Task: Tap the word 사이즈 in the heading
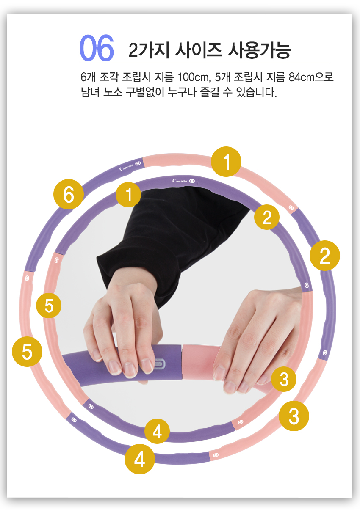click(x=199, y=50)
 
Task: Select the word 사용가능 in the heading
click(x=259, y=50)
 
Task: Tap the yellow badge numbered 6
click(x=69, y=194)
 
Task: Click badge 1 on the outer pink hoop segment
click(x=226, y=162)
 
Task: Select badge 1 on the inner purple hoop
click(x=128, y=195)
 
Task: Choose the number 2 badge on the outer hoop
click(x=324, y=256)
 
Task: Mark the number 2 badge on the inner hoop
click(x=267, y=217)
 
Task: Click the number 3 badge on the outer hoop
click(x=294, y=416)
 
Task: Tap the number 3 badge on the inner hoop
click(x=284, y=379)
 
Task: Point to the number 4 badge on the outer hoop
click(x=140, y=459)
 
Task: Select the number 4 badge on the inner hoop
click(x=157, y=431)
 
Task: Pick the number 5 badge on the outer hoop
click(x=27, y=352)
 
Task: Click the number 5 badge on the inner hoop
click(x=49, y=306)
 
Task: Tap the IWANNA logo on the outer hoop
click(x=126, y=168)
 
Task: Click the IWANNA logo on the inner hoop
click(x=180, y=181)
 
